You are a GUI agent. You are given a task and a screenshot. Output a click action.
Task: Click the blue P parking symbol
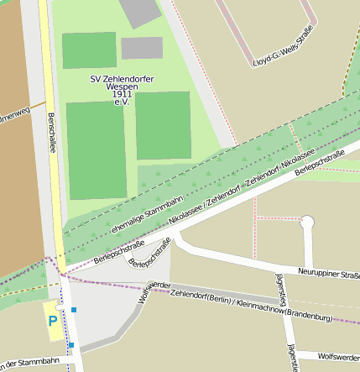click(x=53, y=321)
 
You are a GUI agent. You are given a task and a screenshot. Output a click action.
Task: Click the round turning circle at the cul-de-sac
click(x=307, y=222)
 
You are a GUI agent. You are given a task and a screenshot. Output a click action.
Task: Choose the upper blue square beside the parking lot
click(x=74, y=310)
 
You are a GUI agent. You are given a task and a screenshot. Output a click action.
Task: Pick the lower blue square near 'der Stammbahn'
click(x=71, y=344)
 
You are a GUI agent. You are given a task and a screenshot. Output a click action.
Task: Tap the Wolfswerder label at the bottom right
click(x=338, y=357)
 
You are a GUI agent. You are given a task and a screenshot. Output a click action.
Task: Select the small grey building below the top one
click(x=142, y=48)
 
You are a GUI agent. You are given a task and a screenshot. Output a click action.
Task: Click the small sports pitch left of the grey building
click(x=89, y=50)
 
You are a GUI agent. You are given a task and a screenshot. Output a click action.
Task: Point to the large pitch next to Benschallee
click(x=97, y=150)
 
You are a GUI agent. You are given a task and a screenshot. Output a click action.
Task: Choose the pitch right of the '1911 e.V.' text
click(x=164, y=126)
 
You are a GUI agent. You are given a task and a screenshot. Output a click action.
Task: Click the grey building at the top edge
click(x=140, y=11)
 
